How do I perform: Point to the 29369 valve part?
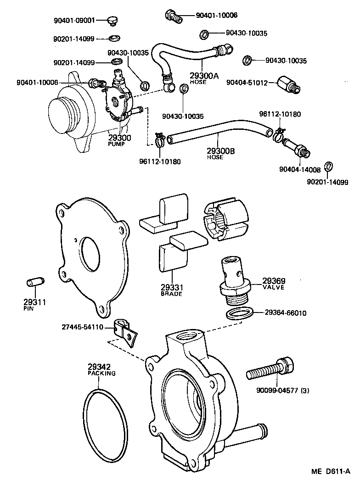click(234, 280)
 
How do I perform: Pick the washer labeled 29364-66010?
click(239, 314)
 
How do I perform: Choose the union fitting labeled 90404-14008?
click(295, 147)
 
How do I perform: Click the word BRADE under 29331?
click(171, 294)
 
